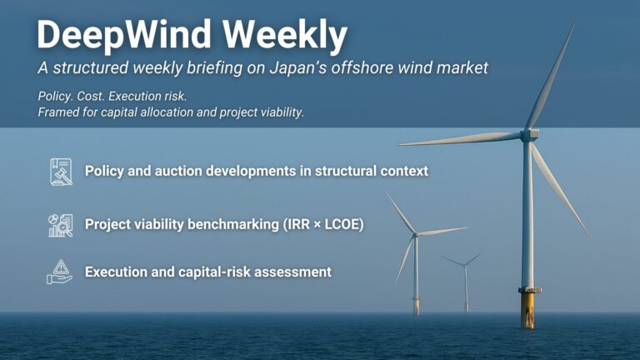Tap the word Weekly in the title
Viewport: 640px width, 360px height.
click(285, 35)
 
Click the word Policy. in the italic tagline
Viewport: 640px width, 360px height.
click(56, 96)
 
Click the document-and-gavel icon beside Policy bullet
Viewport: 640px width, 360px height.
click(60, 171)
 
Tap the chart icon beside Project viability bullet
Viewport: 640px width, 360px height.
click(60, 225)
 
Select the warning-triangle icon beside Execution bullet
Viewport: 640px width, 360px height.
click(60, 272)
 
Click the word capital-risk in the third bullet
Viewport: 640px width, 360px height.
click(230, 272)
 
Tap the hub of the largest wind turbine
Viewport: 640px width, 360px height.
click(528, 133)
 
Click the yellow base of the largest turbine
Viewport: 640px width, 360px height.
click(527, 310)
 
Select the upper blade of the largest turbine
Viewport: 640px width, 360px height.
click(551, 75)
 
